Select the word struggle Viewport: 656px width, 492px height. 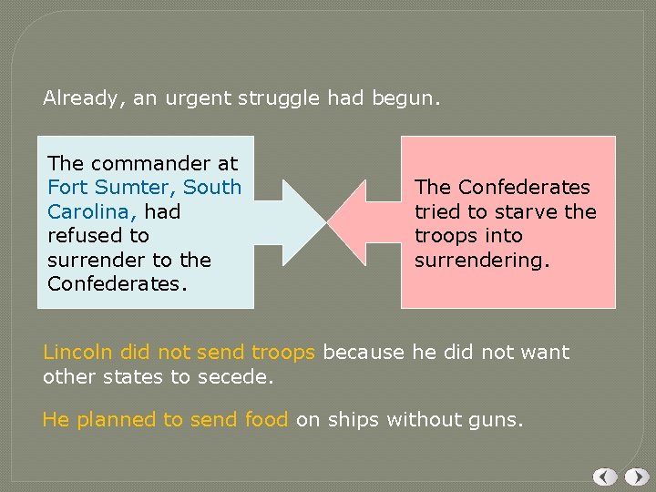tap(281, 97)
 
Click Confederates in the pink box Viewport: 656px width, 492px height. tap(524, 188)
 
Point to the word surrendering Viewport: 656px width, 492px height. tap(481, 260)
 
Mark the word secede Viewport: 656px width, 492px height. tap(241, 376)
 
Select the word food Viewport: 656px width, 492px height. tap(266, 419)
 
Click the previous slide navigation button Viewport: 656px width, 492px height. tap(605, 477)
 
